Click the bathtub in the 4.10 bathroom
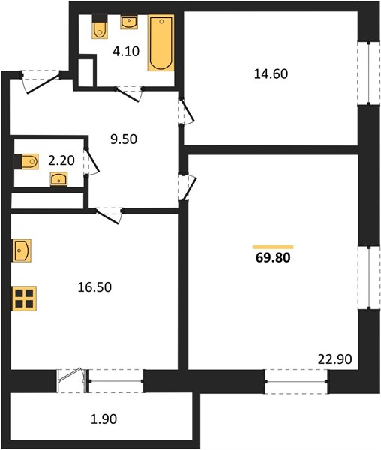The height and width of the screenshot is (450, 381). click(x=161, y=43)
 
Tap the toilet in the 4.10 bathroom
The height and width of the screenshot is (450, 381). click(x=100, y=26)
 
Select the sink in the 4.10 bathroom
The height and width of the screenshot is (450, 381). click(x=129, y=22)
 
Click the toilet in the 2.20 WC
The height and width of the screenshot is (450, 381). click(x=26, y=162)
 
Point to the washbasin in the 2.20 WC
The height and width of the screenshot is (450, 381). click(x=58, y=179)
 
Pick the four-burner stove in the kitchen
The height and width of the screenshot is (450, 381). click(x=24, y=298)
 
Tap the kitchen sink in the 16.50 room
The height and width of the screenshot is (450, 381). click(x=22, y=250)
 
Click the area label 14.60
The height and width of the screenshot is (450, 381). click(x=271, y=74)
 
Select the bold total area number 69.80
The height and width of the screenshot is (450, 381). click(x=273, y=258)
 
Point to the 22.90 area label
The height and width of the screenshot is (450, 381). click(x=334, y=359)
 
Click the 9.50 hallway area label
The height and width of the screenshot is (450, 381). click(x=124, y=139)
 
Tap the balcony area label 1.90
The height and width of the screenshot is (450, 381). click(x=103, y=419)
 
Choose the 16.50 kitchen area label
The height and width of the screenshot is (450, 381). click(x=94, y=287)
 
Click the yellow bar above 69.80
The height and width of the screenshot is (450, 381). click(x=273, y=247)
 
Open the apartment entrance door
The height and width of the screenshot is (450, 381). click(x=40, y=82)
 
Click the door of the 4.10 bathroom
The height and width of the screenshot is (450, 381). click(x=128, y=94)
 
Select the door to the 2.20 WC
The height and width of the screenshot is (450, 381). click(x=91, y=161)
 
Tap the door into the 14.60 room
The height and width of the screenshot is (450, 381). click(x=186, y=111)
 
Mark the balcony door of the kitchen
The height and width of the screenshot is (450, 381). click(x=72, y=381)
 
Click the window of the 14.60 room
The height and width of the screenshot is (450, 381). click(x=369, y=73)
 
